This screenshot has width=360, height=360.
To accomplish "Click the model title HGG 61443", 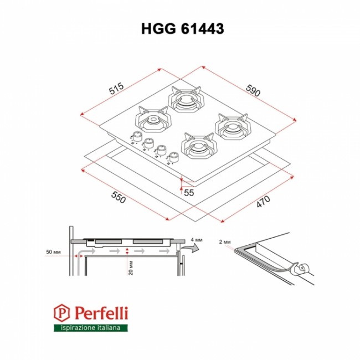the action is point(183,29).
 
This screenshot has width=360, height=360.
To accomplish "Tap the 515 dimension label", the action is point(116,89).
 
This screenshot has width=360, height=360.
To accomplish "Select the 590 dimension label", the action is point(253,90).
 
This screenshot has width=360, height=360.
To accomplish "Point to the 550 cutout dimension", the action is point(119,197).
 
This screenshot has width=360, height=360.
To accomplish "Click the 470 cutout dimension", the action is point(263,202).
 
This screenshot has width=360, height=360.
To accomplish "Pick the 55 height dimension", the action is point(189,193).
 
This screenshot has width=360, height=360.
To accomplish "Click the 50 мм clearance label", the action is point(53,252).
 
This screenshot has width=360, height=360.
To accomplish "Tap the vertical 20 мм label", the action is point(131,268).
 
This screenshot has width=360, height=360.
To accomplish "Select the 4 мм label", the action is point(197,240).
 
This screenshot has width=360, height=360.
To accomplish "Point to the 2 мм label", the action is point(225,242).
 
